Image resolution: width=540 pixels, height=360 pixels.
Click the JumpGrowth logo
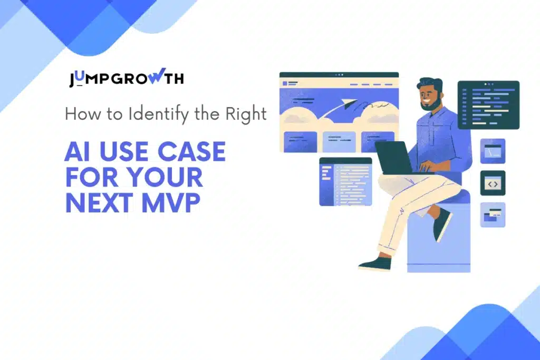pyautogui.click(x=127, y=79)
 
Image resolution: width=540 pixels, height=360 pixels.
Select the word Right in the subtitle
pyautogui.click(x=248, y=114)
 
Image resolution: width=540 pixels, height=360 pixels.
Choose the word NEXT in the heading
pyautogui.click(x=98, y=203)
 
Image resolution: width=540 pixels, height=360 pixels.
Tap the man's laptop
pyautogui.click(x=396, y=158)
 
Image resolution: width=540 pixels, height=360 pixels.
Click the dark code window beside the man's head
pyautogui.click(x=488, y=104)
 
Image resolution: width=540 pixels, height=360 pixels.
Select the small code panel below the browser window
pyautogui.click(x=345, y=181)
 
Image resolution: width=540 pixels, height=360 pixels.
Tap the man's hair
pyautogui.click(x=430, y=84)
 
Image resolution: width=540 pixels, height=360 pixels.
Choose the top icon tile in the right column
pyautogui.click(x=493, y=151)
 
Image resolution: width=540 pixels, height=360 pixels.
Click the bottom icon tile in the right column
pyautogui.click(x=493, y=215)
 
